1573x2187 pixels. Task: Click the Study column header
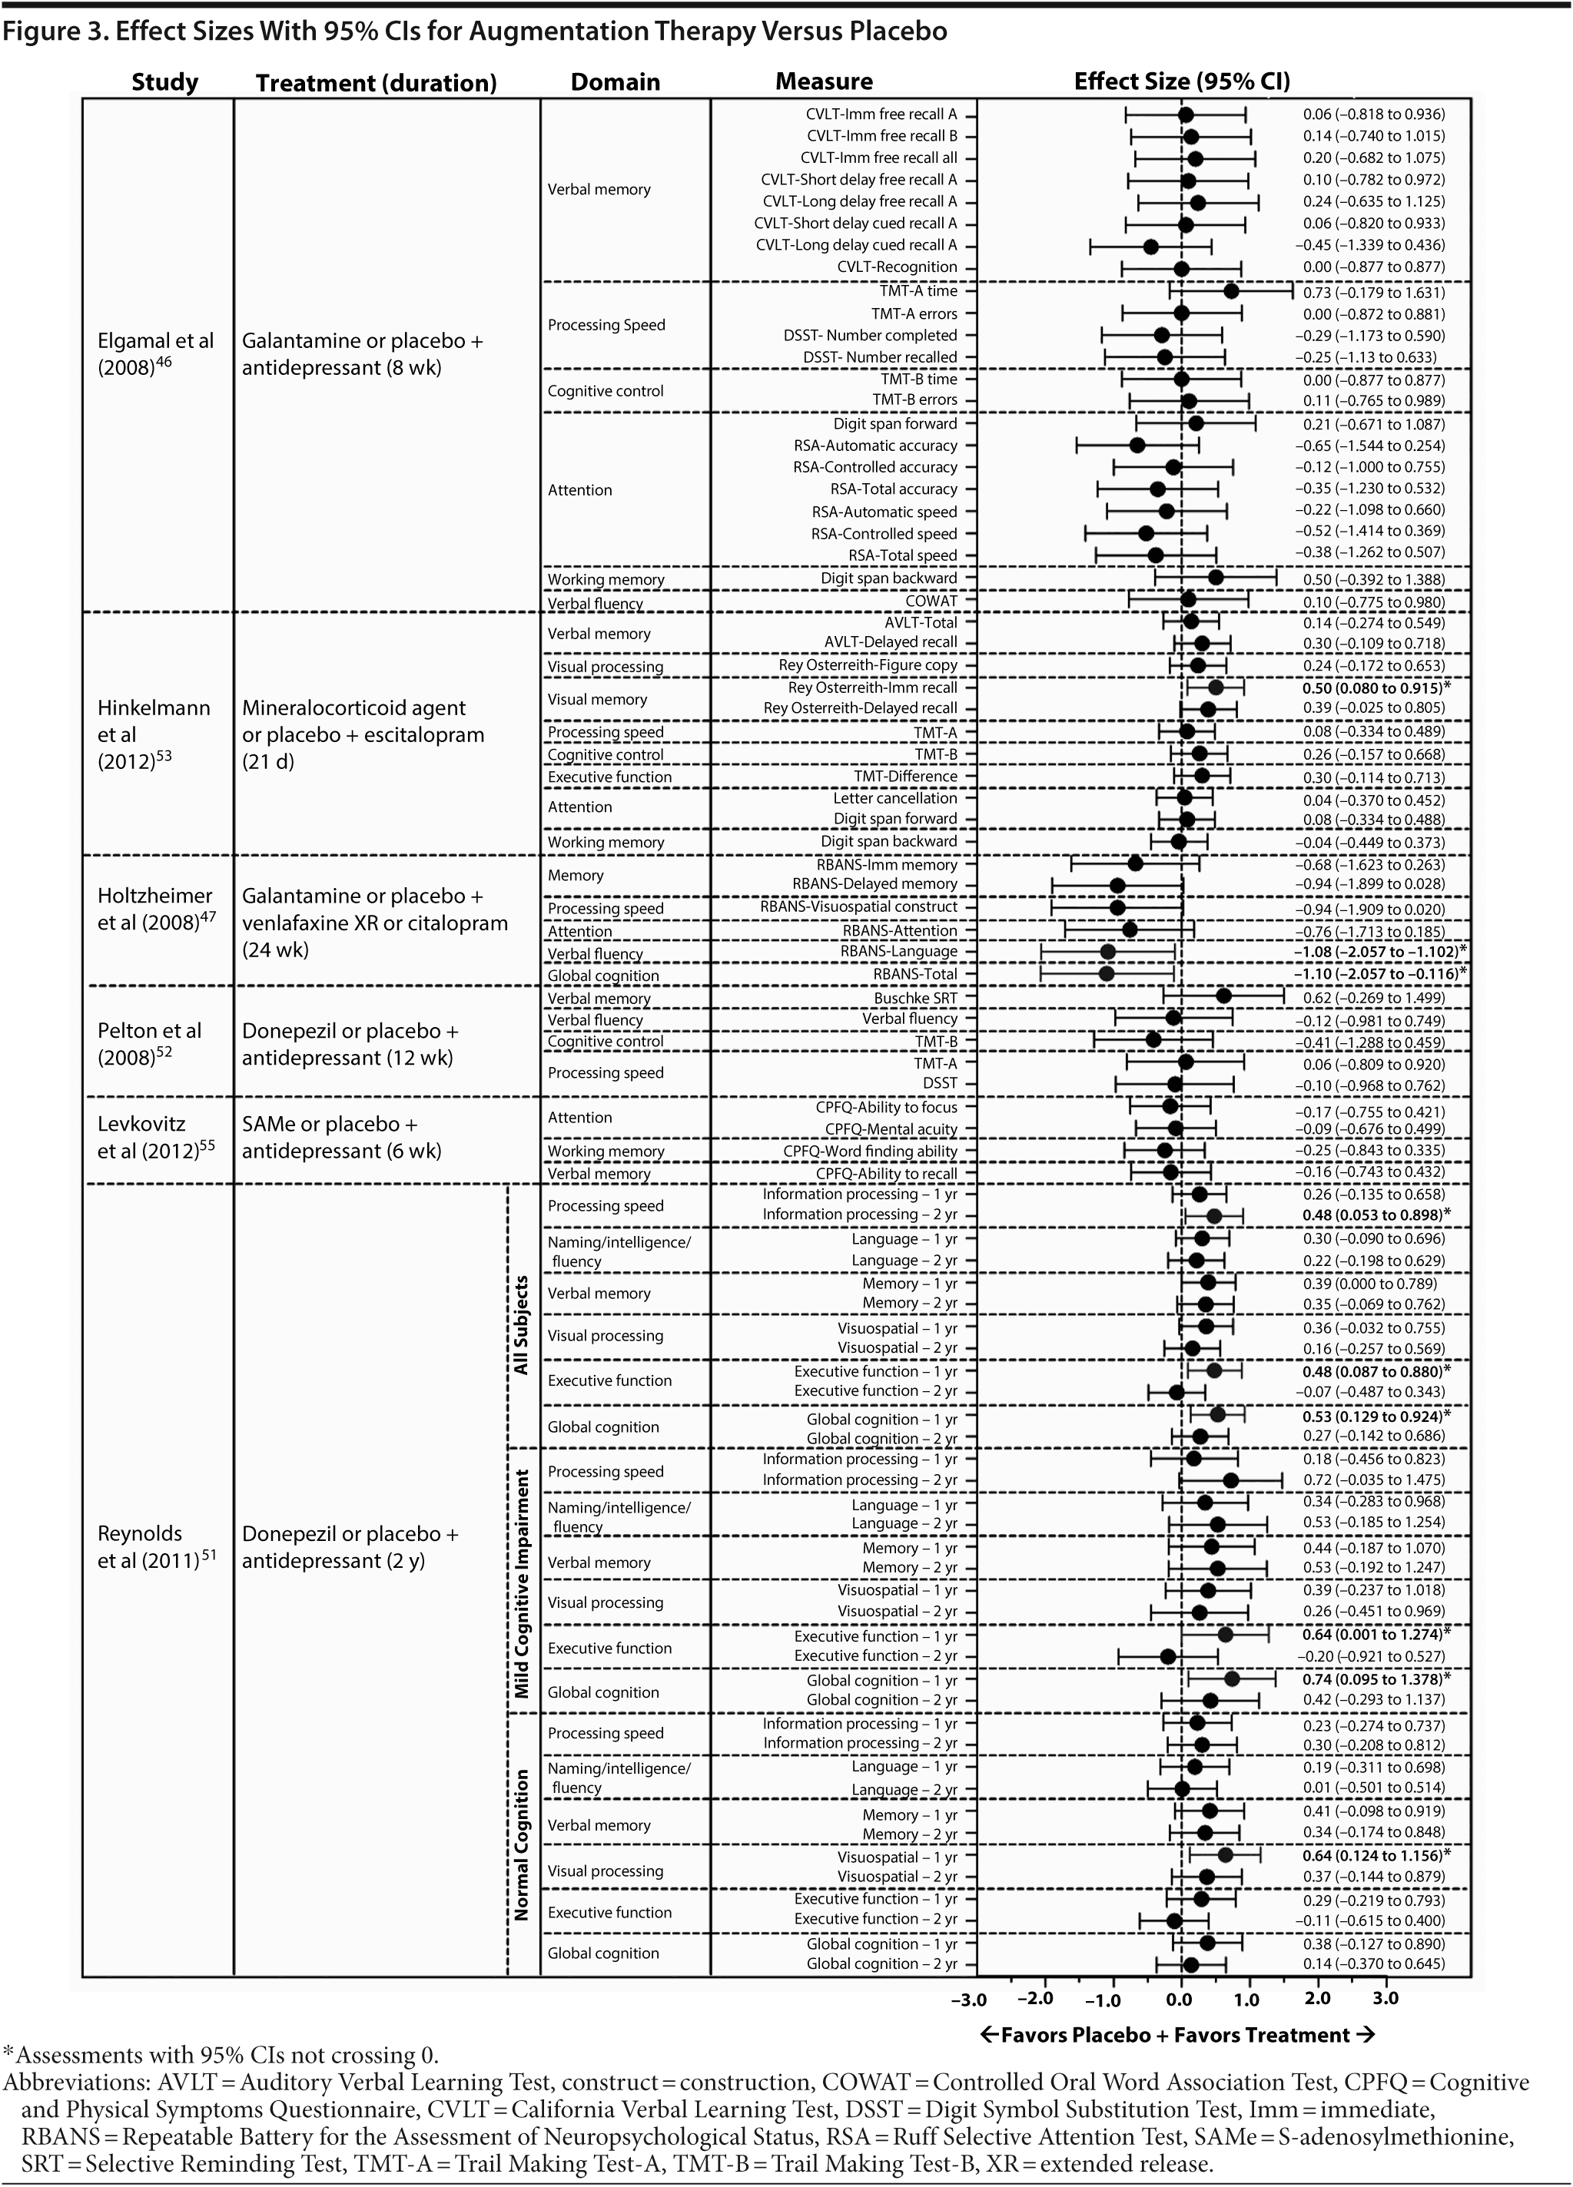165,82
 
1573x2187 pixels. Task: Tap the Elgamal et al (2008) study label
155,354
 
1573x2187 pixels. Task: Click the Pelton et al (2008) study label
150,1044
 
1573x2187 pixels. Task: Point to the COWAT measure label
931,601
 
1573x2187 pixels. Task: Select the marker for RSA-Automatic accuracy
1137,445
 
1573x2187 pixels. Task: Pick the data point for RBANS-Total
1107,973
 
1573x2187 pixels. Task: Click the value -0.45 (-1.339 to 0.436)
1369,245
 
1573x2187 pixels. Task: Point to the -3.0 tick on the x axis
968,1999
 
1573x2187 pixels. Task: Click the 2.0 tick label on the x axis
1316,1998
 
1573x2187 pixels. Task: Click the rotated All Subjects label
522,1325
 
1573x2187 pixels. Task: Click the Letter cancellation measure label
895,798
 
